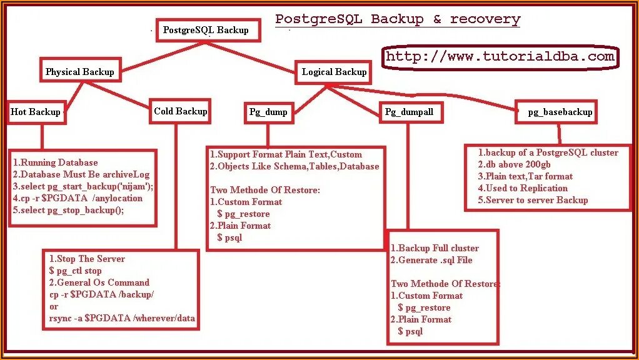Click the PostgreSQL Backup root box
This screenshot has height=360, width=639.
[207, 30]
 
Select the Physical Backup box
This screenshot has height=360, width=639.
[80, 72]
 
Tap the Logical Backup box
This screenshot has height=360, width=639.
[334, 72]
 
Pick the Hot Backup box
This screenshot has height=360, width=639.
[36, 112]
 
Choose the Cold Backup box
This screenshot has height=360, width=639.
[180, 111]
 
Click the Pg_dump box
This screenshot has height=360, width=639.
[268, 112]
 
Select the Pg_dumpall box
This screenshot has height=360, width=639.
[409, 112]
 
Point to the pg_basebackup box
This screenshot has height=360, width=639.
[560, 112]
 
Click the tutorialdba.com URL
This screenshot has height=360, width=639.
[500, 57]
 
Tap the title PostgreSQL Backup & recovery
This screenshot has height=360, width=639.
[398, 19]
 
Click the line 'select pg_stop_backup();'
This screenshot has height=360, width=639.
[68, 210]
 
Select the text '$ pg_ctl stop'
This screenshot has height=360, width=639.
[75, 271]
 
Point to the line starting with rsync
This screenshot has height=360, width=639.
[122, 318]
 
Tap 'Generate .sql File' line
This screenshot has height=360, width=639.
[431, 260]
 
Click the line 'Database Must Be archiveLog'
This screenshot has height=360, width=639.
[81, 174]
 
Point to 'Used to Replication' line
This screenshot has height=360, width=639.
[523, 188]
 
